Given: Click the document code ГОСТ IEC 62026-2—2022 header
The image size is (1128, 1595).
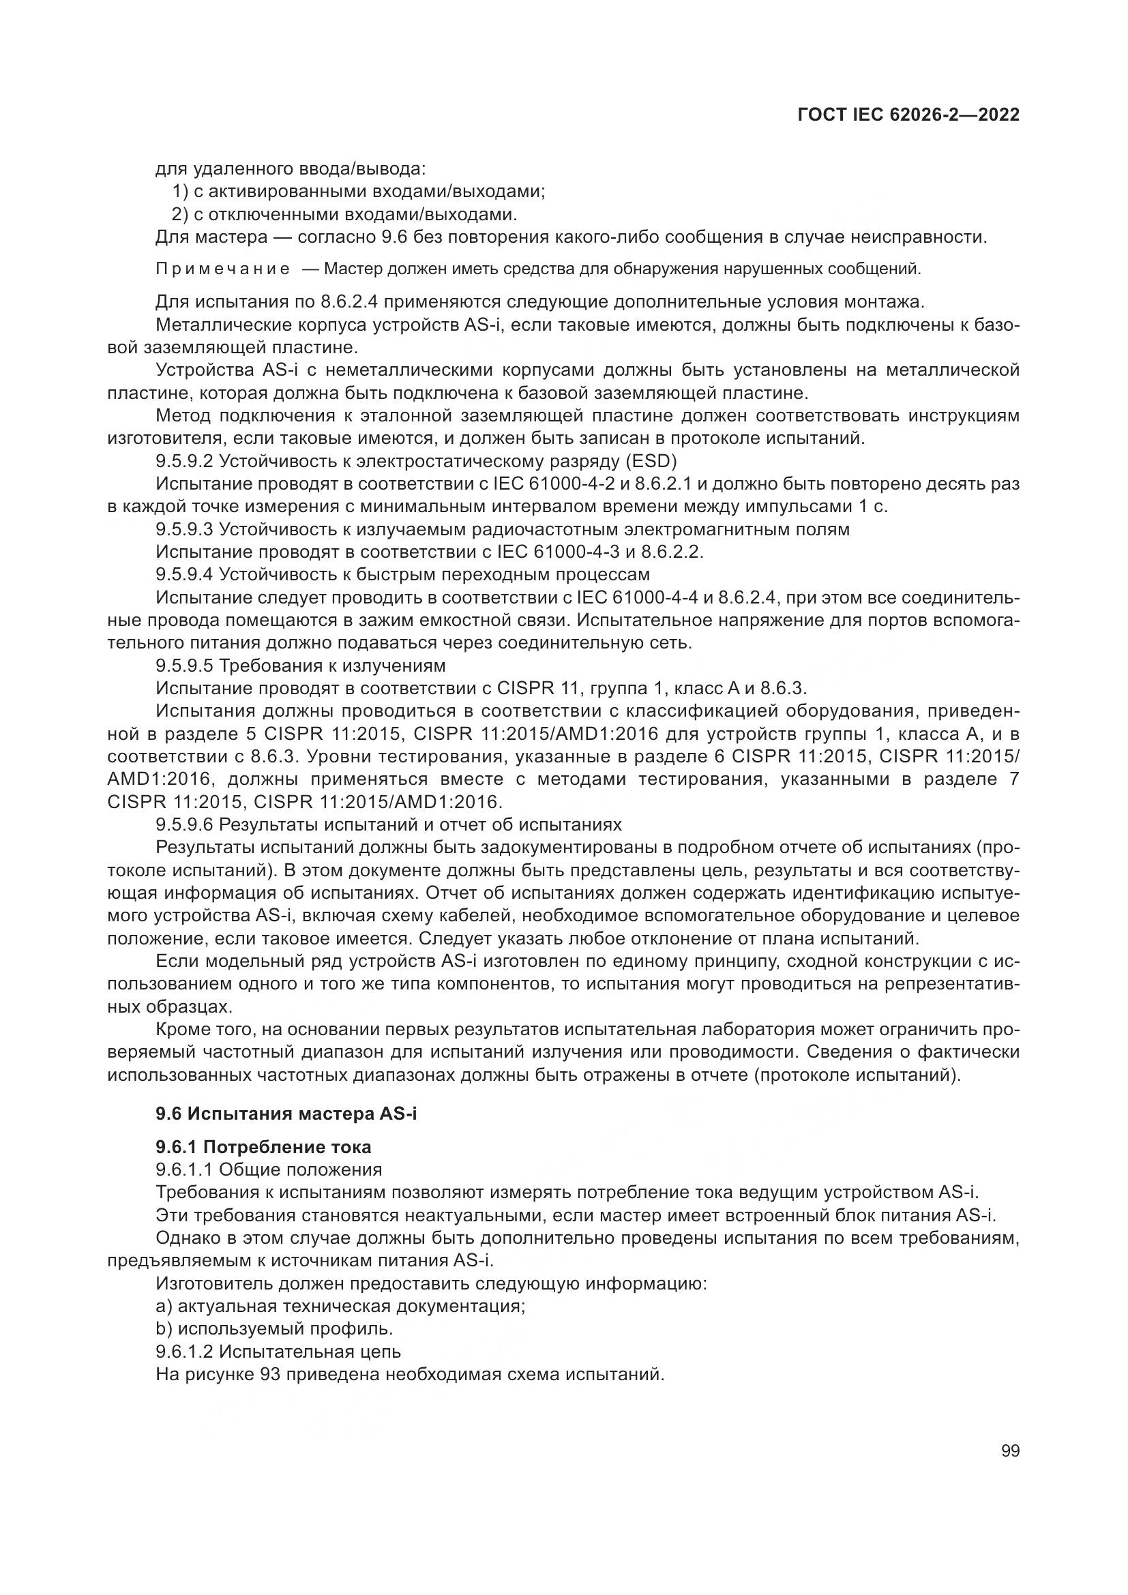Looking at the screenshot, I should [908, 115].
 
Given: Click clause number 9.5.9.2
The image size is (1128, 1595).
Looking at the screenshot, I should [185, 461].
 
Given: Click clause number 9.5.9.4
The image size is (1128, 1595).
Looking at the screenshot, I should [185, 574].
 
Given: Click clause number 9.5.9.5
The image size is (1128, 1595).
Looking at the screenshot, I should [185, 666].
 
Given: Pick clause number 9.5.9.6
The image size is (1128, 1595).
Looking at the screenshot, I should [185, 824].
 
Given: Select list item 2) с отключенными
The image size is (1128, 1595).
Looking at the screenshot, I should [344, 214].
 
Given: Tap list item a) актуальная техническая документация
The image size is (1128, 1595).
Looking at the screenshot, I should [340, 1306].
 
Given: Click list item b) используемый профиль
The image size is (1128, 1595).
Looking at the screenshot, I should [274, 1329].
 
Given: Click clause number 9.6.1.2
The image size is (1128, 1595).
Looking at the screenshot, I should [185, 1351].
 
